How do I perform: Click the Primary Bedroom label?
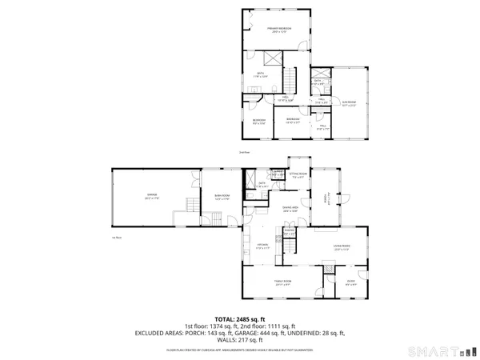tap(279, 30)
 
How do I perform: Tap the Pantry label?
tap(289, 234)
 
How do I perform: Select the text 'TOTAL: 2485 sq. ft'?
tap(239, 318)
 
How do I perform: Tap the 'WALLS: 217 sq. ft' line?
tap(239, 340)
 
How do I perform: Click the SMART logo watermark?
tap(447, 350)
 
